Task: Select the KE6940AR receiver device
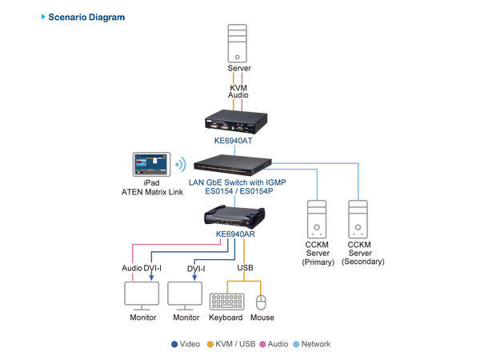(x=238, y=214)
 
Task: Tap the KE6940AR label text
(x=236, y=234)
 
